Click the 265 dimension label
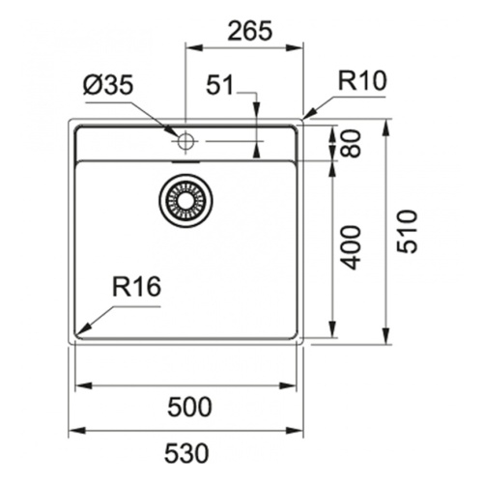pos(249,31)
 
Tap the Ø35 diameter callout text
pos(107,86)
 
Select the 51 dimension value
pos(219,85)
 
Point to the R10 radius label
pos(362,80)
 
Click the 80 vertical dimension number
pos(351,143)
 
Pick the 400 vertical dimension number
pos(351,247)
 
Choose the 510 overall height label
pos(407,231)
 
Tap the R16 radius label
pos(136,287)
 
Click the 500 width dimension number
pos(189,407)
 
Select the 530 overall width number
pos(186,453)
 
